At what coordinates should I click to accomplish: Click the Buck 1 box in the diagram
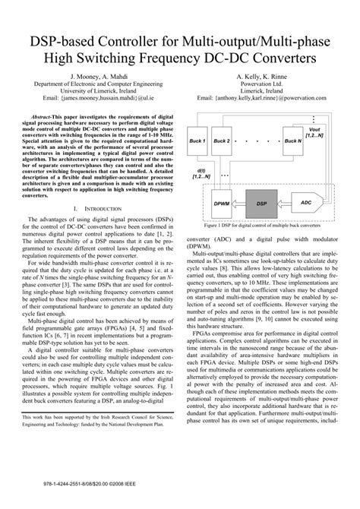tap(198, 141)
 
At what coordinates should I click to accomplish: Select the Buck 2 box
tap(223, 141)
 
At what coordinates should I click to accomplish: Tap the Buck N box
tap(292, 141)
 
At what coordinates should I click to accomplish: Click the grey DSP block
tap(261, 204)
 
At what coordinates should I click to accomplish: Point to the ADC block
tap(305, 204)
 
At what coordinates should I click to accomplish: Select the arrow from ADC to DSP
tap(283, 204)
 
